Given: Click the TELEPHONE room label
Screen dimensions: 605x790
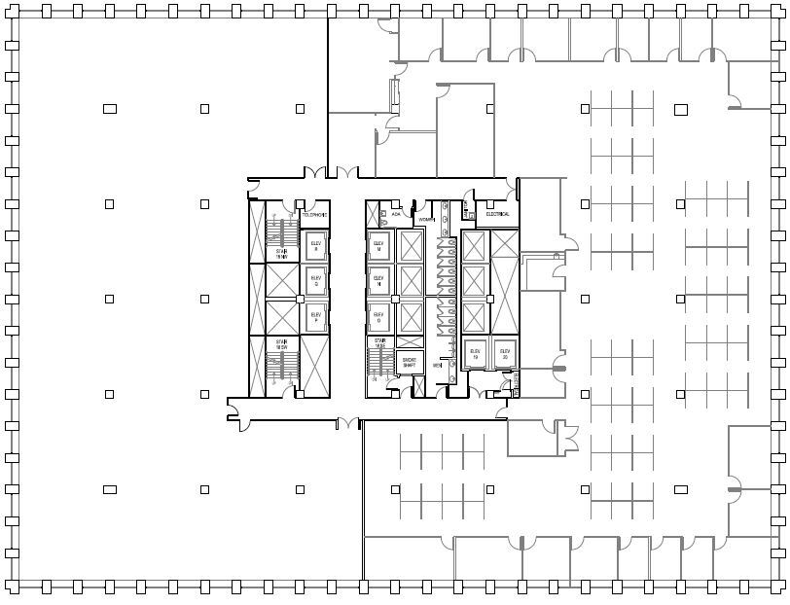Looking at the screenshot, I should tap(314, 214).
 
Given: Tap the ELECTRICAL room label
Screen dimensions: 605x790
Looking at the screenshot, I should tap(497, 214).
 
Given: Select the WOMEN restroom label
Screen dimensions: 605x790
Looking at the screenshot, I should tap(427, 220).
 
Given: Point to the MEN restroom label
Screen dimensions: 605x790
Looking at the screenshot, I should tap(437, 366).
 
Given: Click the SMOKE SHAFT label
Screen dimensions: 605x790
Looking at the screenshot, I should tap(410, 363).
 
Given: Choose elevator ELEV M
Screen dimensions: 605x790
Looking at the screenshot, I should tap(378, 247).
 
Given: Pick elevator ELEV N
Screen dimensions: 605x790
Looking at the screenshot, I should tap(378, 282).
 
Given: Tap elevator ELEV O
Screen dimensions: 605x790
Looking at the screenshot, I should tap(378, 317).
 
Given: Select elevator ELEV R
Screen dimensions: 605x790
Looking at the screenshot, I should tap(315, 245).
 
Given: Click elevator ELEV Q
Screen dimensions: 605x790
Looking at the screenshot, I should tap(315, 281).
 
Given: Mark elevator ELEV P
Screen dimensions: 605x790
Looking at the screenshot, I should tap(315, 317).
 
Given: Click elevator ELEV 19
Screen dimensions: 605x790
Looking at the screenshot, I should tap(475, 354).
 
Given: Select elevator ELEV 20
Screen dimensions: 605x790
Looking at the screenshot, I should tap(504, 354).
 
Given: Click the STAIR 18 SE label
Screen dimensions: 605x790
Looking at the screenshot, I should tap(379, 342).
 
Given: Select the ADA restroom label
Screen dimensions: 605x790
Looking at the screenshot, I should tap(396, 214).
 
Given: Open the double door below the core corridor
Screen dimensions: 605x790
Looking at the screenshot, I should tap(347, 423).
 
